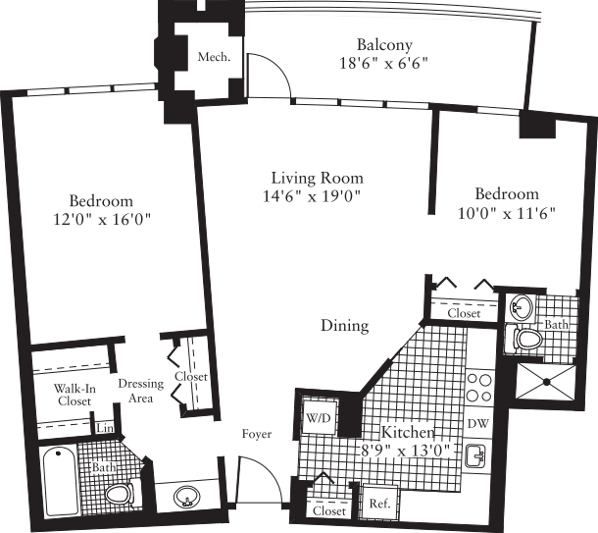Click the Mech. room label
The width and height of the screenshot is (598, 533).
point(214,57)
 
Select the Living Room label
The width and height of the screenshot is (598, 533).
point(317,179)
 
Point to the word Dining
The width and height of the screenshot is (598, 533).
point(343,326)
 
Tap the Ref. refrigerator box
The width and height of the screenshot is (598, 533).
point(376,504)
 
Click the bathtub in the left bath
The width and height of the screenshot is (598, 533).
point(60,482)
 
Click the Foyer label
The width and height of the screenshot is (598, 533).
point(258,434)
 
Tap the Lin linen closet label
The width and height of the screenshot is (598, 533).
point(104,429)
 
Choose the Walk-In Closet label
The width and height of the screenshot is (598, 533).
point(75,396)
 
